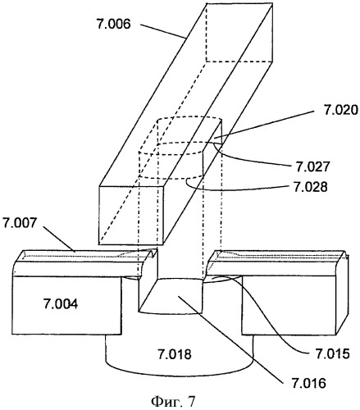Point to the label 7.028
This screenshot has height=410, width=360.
coord(310,187)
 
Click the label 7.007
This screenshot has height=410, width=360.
coord(20,223)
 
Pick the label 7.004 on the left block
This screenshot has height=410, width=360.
coord(61,304)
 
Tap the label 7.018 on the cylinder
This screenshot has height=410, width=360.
coord(175,354)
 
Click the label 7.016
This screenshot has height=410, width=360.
coord(309,383)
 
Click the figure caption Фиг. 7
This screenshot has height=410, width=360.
coord(173,402)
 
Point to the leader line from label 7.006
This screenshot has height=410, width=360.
coord(163,31)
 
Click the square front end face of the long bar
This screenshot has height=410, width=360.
coord(131,215)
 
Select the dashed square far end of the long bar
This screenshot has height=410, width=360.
coord(239,33)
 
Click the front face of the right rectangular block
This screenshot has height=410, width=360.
coord(289,305)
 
